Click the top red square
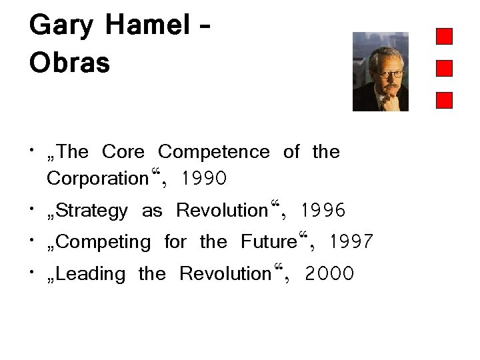click(x=444, y=36)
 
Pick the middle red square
click(x=444, y=68)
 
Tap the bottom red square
click(x=444, y=100)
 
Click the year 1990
click(x=203, y=179)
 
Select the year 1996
click(x=323, y=212)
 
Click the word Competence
click(x=214, y=153)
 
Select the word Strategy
click(x=93, y=212)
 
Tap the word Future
click(x=269, y=242)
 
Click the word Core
click(x=123, y=153)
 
